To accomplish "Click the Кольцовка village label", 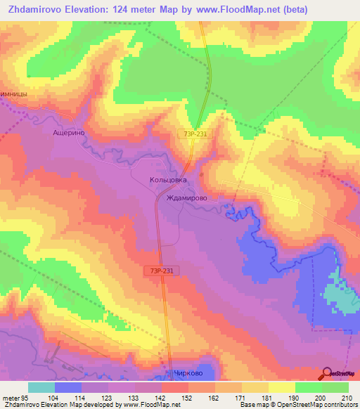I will coord(169,180).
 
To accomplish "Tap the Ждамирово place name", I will coord(186,198).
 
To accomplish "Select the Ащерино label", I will coord(69,131).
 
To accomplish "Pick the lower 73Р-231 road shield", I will coord(162,269).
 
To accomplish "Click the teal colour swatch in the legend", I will coord(41,387).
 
